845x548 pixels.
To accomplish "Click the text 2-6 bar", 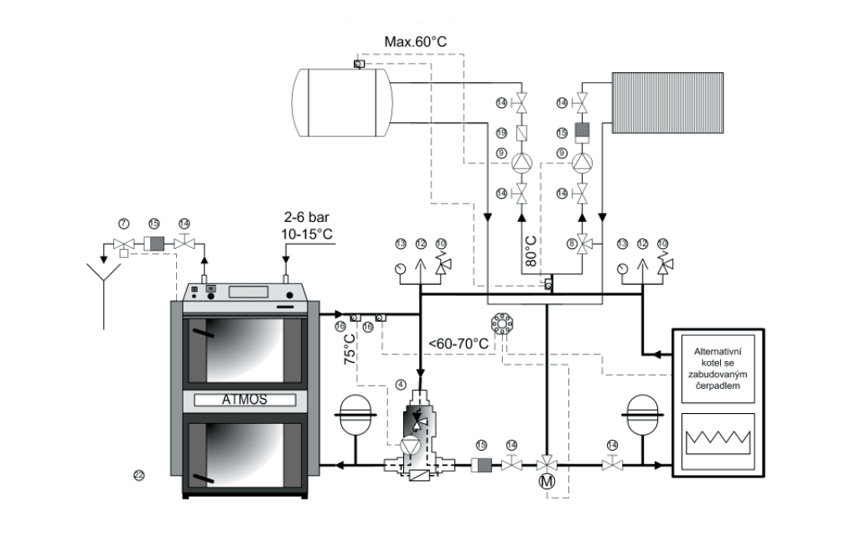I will (309, 220).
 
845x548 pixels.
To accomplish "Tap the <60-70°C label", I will (459, 343).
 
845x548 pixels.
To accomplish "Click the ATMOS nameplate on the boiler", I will (246, 400).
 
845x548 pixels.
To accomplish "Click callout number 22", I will (139, 475).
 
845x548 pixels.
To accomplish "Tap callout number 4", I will (400, 385).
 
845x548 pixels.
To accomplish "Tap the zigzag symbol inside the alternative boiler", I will (718, 440).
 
